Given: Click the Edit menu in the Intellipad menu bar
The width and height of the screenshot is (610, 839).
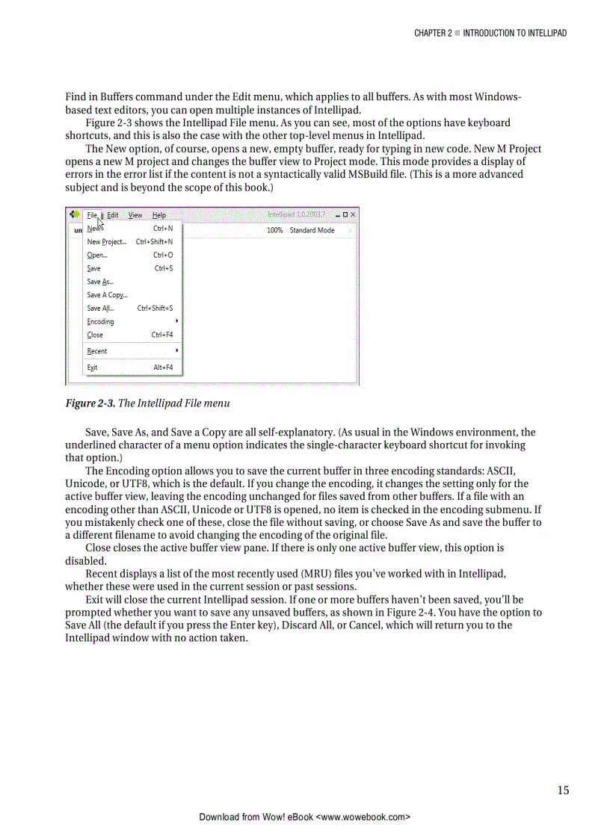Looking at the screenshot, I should pos(113,215).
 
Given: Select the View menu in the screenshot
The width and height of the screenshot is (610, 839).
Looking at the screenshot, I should pos(135,215).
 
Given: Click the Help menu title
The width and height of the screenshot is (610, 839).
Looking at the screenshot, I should pos(159,215).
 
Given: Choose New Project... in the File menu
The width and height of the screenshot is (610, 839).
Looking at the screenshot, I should pos(106,242).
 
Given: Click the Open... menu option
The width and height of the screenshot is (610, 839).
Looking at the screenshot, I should pos(96,255).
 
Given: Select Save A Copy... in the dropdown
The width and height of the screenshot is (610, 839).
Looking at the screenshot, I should pos(107,295).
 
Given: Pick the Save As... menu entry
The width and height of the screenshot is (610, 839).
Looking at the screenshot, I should pos(100,282).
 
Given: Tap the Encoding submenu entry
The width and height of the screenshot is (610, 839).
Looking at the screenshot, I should pos(100,322).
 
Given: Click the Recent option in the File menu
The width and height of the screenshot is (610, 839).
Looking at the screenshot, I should pos(96,351).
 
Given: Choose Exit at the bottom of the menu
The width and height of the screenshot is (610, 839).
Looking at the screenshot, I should pos(92,368).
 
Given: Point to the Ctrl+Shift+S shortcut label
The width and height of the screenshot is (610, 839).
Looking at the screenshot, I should pos(155,309).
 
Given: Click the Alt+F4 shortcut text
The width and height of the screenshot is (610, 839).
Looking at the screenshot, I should pos(163,368).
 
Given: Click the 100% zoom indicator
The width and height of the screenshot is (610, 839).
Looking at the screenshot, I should pos(274,231).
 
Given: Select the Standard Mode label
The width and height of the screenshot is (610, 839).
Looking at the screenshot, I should pos(312,231).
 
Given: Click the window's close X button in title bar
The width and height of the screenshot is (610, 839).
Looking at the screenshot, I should pos(353,215).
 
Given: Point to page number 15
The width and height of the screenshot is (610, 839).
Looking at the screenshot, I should pos(562,790).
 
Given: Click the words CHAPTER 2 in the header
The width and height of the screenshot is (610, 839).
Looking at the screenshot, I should pos(432,34).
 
